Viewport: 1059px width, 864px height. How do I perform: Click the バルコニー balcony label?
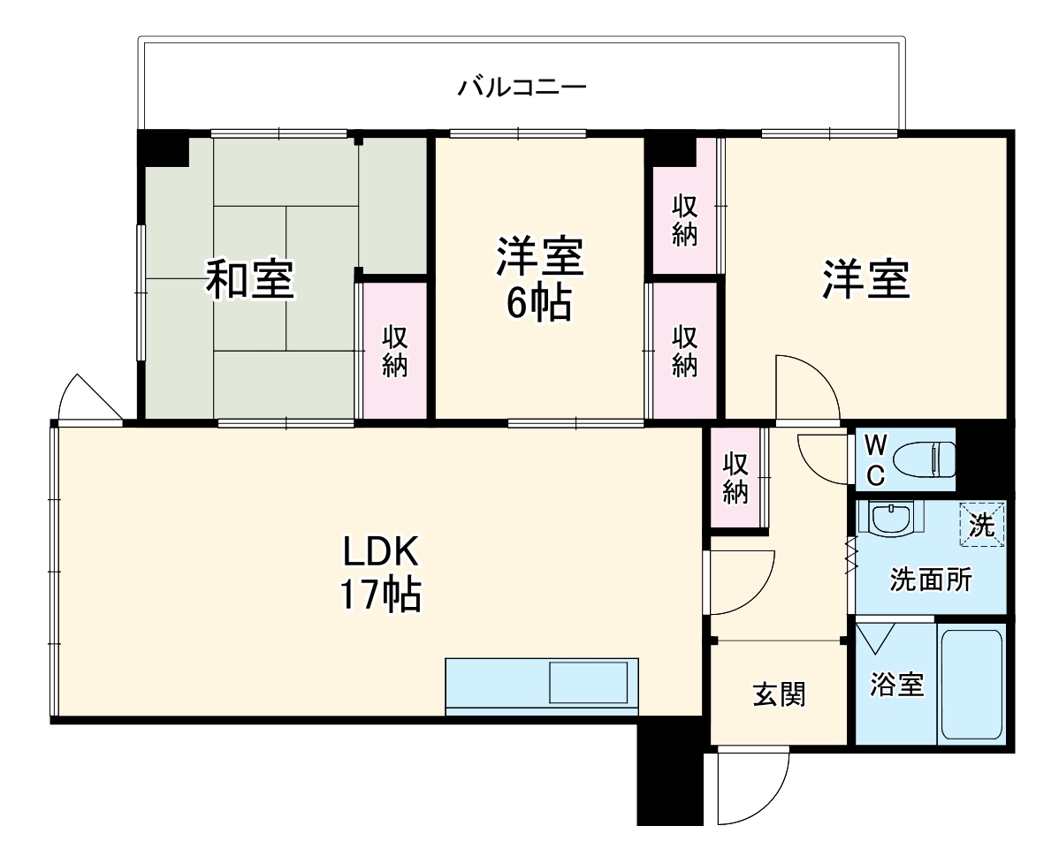click(522, 87)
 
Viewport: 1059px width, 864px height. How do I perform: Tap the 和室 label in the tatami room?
click(250, 280)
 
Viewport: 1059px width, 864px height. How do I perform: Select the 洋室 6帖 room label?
click(538, 280)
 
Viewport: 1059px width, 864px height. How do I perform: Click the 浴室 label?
click(896, 684)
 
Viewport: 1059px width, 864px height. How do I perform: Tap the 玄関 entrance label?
click(778, 694)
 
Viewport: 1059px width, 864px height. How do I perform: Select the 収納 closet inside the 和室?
click(394, 351)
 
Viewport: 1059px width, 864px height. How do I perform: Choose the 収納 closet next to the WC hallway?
click(735, 478)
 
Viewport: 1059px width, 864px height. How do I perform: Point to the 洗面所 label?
click(930, 580)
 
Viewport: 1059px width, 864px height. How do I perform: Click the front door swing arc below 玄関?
click(751, 786)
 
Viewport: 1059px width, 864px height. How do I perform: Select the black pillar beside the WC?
click(982, 458)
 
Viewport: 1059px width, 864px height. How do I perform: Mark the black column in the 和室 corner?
click(164, 148)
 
